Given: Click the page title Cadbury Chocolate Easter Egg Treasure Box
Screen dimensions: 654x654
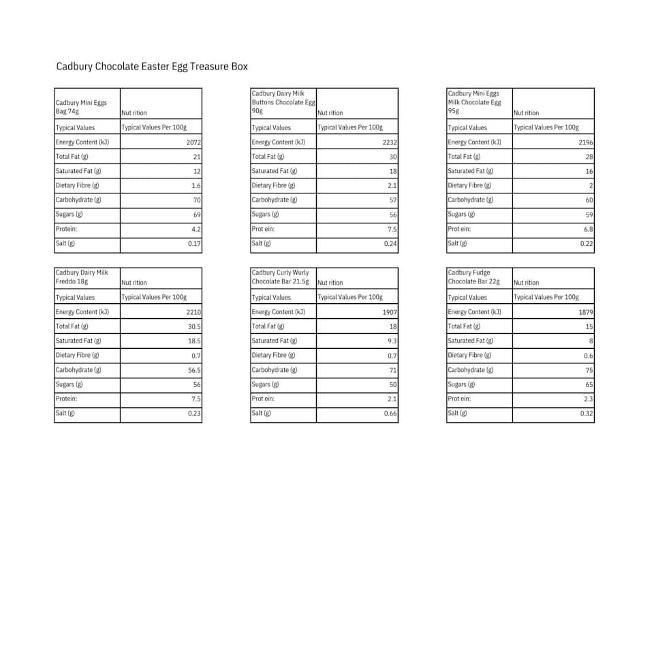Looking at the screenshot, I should click(x=152, y=67).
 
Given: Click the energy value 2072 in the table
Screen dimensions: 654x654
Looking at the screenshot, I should click(x=193, y=142).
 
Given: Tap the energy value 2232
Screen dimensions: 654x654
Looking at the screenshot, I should click(x=390, y=142).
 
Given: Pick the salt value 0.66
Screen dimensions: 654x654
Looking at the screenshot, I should click(x=390, y=414).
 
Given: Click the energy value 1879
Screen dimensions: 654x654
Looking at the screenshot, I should click(x=586, y=312).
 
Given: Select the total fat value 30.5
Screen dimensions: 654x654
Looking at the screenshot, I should click(x=193, y=326).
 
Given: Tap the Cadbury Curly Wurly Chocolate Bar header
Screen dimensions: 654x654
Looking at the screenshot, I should click(x=280, y=277).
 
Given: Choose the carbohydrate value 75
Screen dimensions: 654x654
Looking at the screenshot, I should click(x=589, y=370).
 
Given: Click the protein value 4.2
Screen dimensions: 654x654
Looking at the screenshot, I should click(x=196, y=230).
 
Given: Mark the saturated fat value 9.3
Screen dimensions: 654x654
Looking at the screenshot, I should click(x=392, y=341).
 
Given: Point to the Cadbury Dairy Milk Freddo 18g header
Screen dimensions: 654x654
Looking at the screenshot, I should click(x=82, y=277).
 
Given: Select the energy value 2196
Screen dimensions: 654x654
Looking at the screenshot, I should click(x=586, y=142).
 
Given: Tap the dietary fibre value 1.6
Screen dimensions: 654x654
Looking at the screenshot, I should click(x=196, y=186).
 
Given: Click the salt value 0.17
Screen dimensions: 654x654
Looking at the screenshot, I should click(x=194, y=244).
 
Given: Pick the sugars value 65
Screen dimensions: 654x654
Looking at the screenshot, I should click(x=589, y=385).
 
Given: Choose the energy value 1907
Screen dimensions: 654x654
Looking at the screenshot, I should click(x=390, y=312).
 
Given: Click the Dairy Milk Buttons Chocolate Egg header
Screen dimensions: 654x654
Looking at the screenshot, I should click(x=283, y=102).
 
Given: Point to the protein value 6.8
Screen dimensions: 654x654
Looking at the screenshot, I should click(x=589, y=230).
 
